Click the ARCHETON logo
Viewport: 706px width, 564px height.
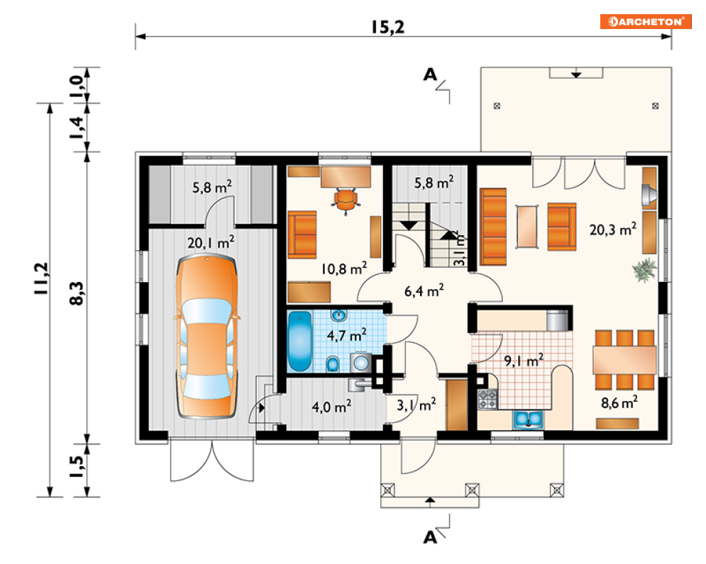click(645, 21)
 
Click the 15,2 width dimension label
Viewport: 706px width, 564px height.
click(387, 27)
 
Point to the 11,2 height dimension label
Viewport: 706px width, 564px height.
click(41, 278)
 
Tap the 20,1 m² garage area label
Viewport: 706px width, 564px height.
click(211, 242)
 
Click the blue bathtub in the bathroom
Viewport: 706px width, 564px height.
click(300, 341)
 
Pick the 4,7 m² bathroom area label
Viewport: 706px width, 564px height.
click(346, 335)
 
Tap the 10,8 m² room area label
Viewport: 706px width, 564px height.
click(343, 269)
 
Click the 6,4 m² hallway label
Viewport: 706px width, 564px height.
click(424, 291)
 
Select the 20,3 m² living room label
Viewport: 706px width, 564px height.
click(613, 230)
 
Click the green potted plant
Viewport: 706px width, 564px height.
click(645, 270)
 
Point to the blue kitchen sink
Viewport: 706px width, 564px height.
click(528, 419)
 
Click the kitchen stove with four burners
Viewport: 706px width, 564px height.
click(487, 400)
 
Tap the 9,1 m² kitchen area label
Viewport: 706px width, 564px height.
click(523, 361)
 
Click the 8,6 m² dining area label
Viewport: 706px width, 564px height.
click(619, 402)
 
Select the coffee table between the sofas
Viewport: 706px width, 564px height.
click(527, 226)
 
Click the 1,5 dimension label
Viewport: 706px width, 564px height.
click(77, 466)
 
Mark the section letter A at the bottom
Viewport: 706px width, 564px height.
click(430, 537)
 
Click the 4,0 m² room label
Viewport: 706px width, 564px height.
click(331, 407)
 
